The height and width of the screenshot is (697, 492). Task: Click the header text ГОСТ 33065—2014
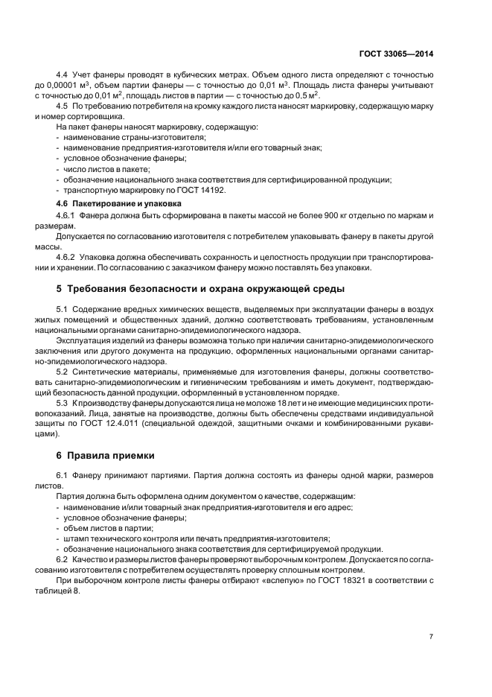[x=397, y=54]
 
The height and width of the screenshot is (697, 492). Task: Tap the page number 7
[x=432, y=637]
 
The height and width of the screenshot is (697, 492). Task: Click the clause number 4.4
[x=63, y=76]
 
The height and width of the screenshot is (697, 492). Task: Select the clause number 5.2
[x=63, y=370]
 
